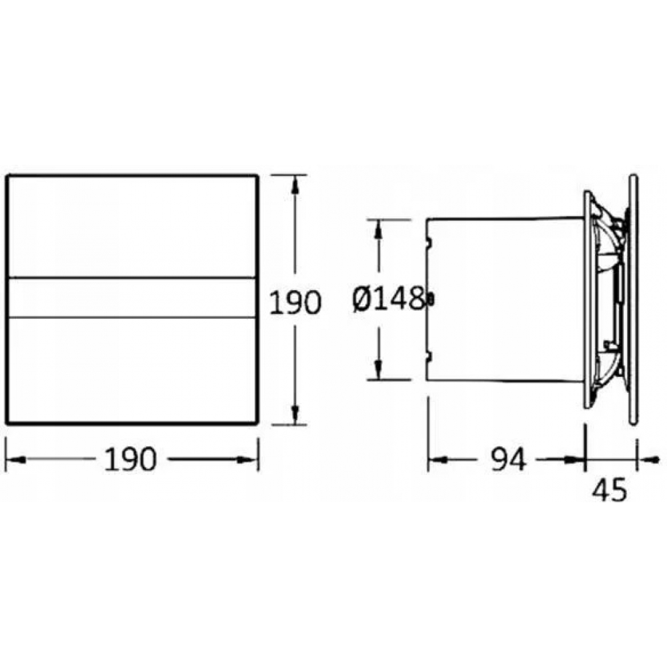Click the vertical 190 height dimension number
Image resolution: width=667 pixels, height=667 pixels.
295,302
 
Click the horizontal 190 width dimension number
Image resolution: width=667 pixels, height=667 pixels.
131,460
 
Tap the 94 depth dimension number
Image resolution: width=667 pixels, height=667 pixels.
509,460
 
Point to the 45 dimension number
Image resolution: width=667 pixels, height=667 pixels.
609,490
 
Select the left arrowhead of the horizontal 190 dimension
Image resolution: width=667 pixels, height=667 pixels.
16,460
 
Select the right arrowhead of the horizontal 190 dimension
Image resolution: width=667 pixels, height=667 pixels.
247,460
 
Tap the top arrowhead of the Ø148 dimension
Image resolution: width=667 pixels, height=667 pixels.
378,229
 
